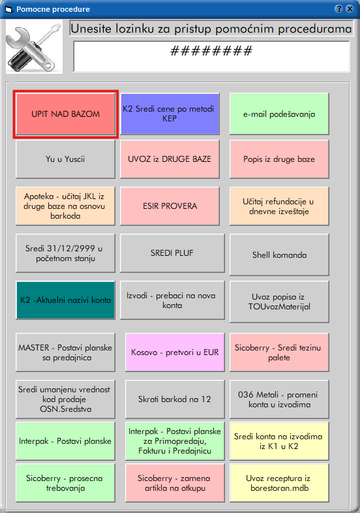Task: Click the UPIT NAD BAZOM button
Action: pyautogui.click(x=65, y=114)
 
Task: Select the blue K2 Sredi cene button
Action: pyautogui.click(x=170, y=114)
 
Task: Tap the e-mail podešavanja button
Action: pyautogui.click(x=279, y=114)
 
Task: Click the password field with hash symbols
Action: pyautogui.click(x=211, y=56)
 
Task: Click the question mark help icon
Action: pyautogui.click(x=338, y=9)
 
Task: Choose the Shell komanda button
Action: pyautogui.click(x=279, y=255)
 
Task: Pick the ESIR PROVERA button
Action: pyautogui.click(x=170, y=206)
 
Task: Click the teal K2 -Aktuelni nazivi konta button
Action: pyautogui.click(x=65, y=300)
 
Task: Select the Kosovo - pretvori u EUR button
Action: pyautogui.click(x=175, y=352)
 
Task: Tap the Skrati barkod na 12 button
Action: pyautogui.click(x=175, y=399)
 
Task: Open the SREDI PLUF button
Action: pyautogui.click(x=172, y=253)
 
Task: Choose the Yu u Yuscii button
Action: pyautogui.click(x=65, y=159)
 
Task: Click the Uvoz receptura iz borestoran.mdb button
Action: pyautogui.click(x=279, y=483)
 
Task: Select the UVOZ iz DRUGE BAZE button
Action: pyautogui.click(x=170, y=159)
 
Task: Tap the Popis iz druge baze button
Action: pyautogui.click(x=279, y=159)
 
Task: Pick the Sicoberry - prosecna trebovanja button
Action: pyautogui.click(x=65, y=483)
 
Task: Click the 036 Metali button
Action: pyautogui.click(x=279, y=399)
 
